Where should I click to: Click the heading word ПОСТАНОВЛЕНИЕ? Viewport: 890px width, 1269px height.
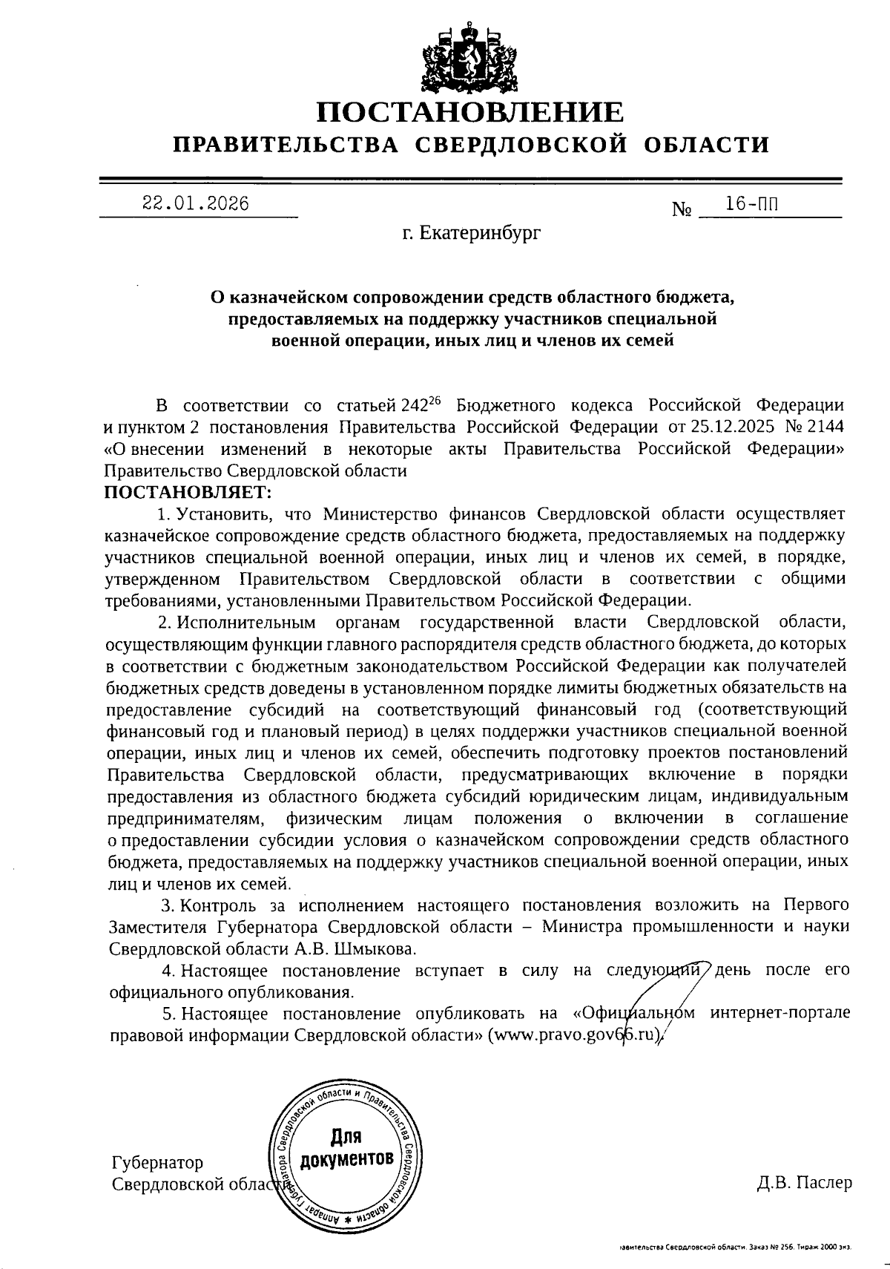click(x=470, y=112)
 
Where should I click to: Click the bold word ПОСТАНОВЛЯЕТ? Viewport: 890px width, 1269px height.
click(x=190, y=492)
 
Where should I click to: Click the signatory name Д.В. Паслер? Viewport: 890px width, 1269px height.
click(x=805, y=1183)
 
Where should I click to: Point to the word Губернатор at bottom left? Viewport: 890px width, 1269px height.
click(x=156, y=1162)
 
